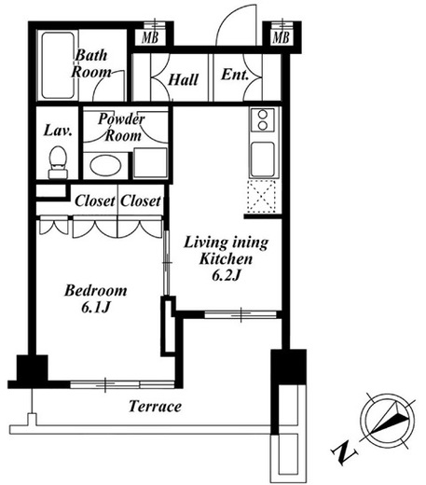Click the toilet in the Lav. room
(58, 162)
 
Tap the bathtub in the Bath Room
(58, 65)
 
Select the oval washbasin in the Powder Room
(105, 165)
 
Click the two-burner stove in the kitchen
(263, 119)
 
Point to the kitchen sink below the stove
(263, 159)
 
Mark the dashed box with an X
(262, 196)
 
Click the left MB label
(150, 37)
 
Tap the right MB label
(281, 37)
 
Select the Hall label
(183, 79)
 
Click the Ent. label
(235, 75)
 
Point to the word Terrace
(155, 406)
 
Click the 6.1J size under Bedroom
(96, 308)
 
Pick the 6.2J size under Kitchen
(227, 275)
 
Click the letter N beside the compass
(343, 453)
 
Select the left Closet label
(95, 201)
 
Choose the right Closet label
(141, 201)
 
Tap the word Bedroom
(96, 291)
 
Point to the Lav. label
(58, 131)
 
